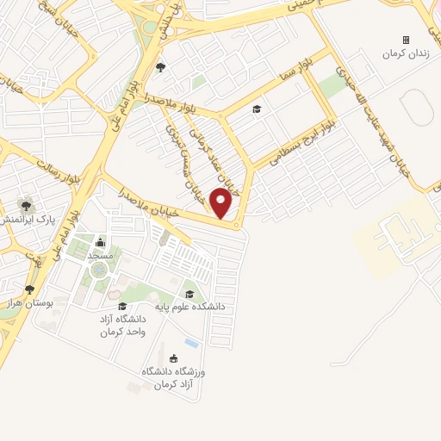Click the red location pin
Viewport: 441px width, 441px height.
click(x=221, y=203)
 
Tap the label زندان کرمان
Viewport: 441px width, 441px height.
click(x=406, y=53)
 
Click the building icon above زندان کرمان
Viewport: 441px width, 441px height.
click(x=406, y=40)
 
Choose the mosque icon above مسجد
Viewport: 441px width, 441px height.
click(x=100, y=242)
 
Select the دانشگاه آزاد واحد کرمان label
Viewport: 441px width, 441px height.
click(x=121, y=326)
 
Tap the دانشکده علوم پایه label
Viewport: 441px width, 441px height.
click(x=199, y=306)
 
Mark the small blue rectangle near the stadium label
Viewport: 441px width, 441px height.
click(x=190, y=344)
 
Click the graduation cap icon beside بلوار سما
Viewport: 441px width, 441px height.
click(x=255, y=109)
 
